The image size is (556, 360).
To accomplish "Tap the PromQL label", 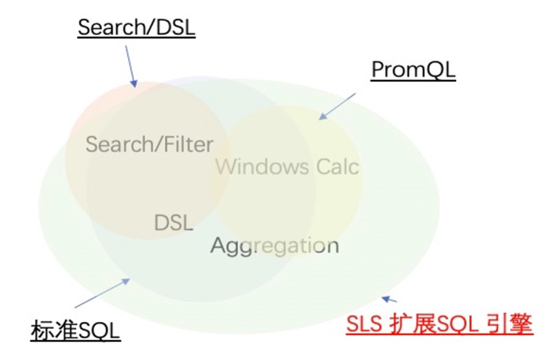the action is (x=413, y=70).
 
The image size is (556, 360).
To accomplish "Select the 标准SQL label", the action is (x=76, y=330).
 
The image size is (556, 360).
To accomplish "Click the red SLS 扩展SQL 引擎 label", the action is (x=439, y=324).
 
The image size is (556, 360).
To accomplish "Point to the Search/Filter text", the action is (x=149, y=145).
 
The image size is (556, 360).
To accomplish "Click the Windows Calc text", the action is (x=287, y=166).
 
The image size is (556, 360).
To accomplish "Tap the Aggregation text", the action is (x=275, y=245).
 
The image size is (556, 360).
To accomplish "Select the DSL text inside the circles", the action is (x=173, y=223).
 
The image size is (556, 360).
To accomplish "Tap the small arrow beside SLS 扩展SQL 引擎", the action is (x=390, y=299).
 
